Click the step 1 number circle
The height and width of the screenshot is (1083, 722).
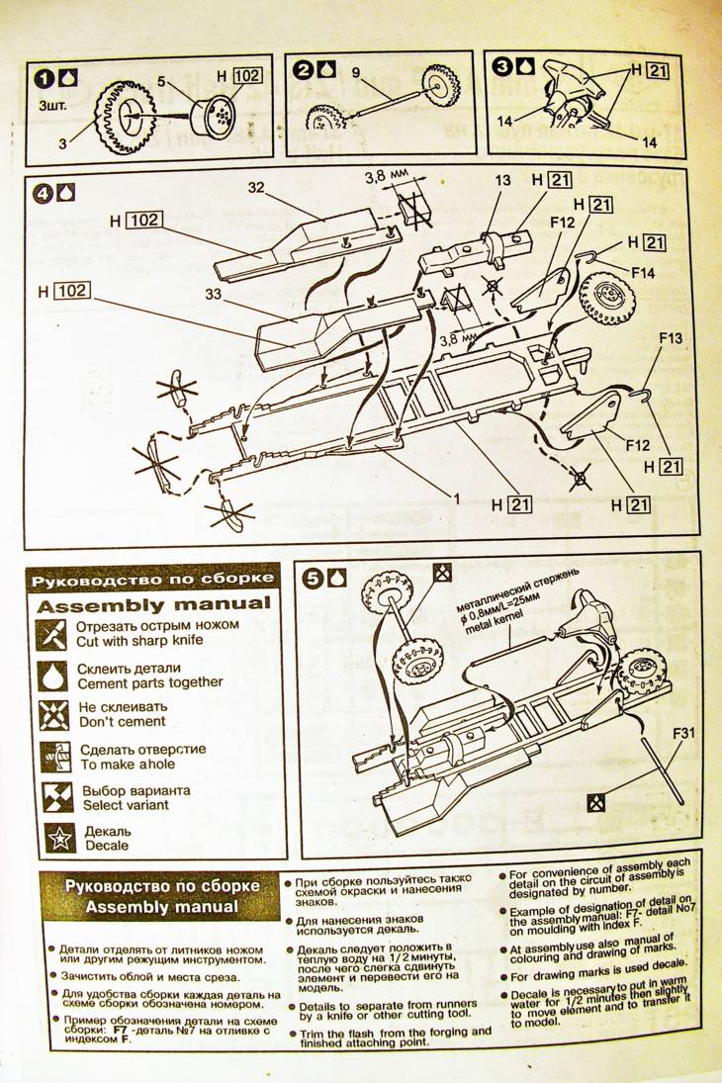[45, 76]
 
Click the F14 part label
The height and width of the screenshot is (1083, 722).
[644, 271]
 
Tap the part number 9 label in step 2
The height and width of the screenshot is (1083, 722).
[356, 71]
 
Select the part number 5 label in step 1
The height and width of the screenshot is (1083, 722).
[160, 80]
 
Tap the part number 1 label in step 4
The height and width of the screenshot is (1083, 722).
[458, 499]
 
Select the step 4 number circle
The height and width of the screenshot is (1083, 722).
[43, 194]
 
